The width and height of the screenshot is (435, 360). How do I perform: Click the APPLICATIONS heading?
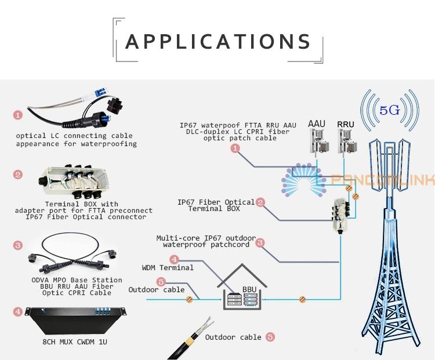tap(218, 42)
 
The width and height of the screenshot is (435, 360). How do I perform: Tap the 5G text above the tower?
tap(390, 110)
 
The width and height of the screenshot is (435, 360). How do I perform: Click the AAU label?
tap(317, 124)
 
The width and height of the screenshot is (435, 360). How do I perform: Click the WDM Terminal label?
tap(168, 268)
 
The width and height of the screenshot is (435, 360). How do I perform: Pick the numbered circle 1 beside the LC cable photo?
tap(18, 116)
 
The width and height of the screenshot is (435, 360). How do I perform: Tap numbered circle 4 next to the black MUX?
tap(18, 312)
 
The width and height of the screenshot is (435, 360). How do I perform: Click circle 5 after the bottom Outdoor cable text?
tap(270, 337)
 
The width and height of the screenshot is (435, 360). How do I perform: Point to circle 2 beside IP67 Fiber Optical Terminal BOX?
tap(260, 202)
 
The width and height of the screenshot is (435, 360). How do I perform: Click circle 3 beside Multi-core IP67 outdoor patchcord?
tap(260, 243)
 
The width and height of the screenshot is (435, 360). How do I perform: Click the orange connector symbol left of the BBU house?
tap(188, 299)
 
